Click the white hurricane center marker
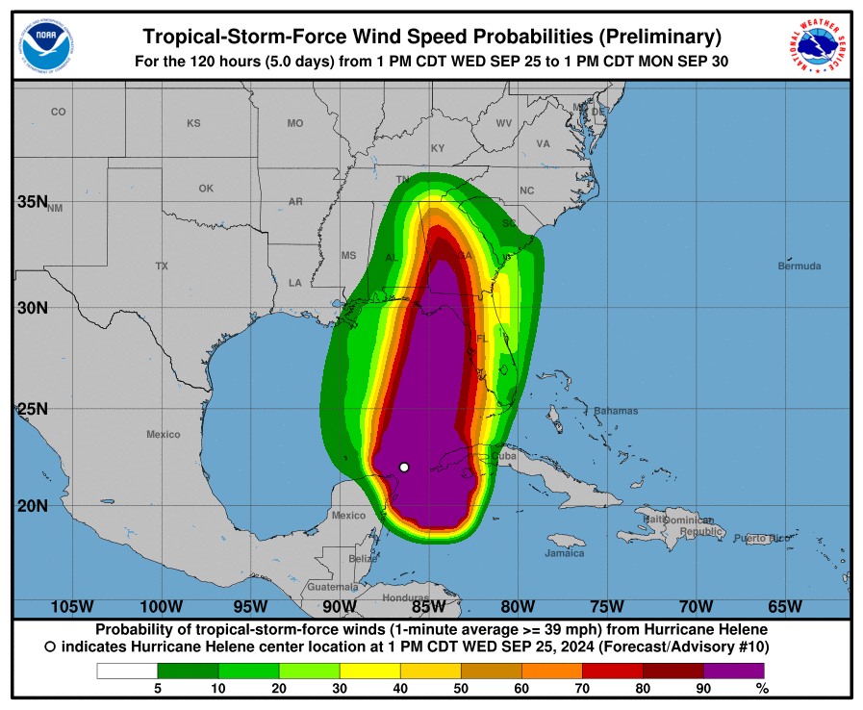pos(404,467)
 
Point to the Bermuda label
pos(800,266)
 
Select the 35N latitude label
pos(33,201)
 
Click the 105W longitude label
pos(72,606)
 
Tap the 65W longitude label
pos(785,606)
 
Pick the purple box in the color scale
pos(733,671)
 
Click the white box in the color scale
pos(127,671)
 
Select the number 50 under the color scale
pos(460,688)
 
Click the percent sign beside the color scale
pos(762,688)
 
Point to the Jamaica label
pos(564,553)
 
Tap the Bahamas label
pos(615,411)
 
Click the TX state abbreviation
pos(162,266)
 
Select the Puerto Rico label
pos(761,538)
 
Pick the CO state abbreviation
pos(59,112)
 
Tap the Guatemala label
pos(332,586)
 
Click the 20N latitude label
pos(33,506)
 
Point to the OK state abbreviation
pos(206,189)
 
